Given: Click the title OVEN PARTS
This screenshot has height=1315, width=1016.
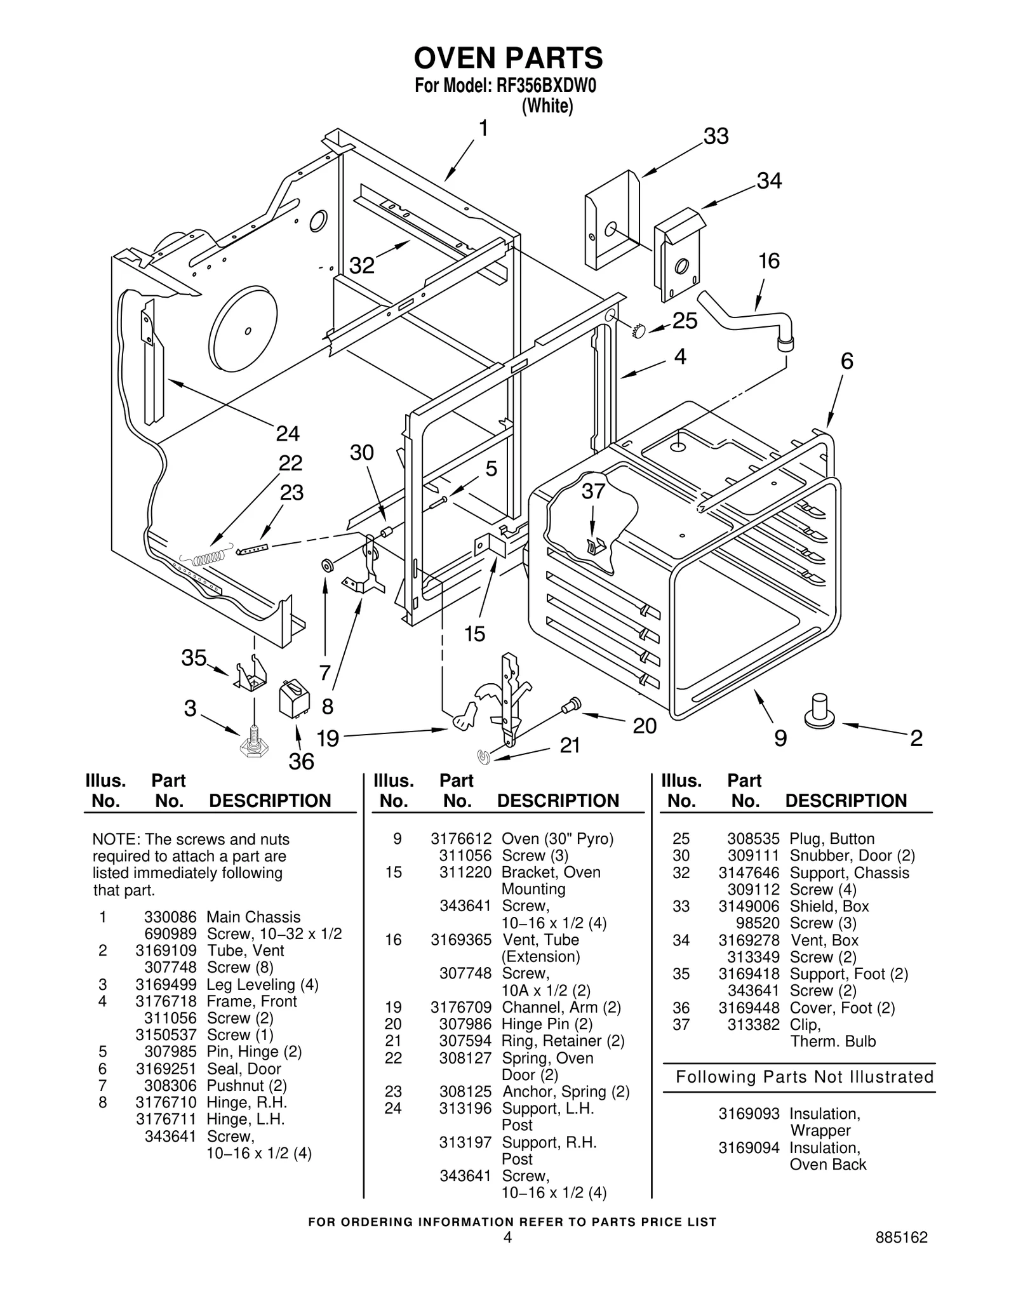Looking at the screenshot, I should click(508, 58).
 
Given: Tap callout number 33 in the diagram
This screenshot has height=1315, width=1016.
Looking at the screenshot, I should click(716, 137).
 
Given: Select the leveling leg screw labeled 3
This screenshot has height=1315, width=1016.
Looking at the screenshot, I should click(253, 742).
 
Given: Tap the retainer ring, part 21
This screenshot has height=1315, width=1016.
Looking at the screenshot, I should click(484, 756).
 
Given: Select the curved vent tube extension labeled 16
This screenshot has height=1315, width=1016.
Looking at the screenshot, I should click(749, 317).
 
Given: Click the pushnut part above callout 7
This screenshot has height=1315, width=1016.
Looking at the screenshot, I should click(328, 564).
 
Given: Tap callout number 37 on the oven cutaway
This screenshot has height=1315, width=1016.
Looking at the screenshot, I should click(594, 491).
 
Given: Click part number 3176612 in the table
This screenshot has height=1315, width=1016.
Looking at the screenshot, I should click(460, 839).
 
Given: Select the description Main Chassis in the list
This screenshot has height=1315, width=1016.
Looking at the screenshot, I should click(253, 917).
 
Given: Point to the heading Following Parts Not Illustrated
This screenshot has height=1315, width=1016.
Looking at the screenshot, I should click(804, 1077).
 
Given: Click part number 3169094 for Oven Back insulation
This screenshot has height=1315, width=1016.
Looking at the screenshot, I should click(749, 1147).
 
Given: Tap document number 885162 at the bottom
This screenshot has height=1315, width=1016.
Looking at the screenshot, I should click(901, 1237).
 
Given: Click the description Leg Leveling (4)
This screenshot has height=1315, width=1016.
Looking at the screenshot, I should click(262, 984).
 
